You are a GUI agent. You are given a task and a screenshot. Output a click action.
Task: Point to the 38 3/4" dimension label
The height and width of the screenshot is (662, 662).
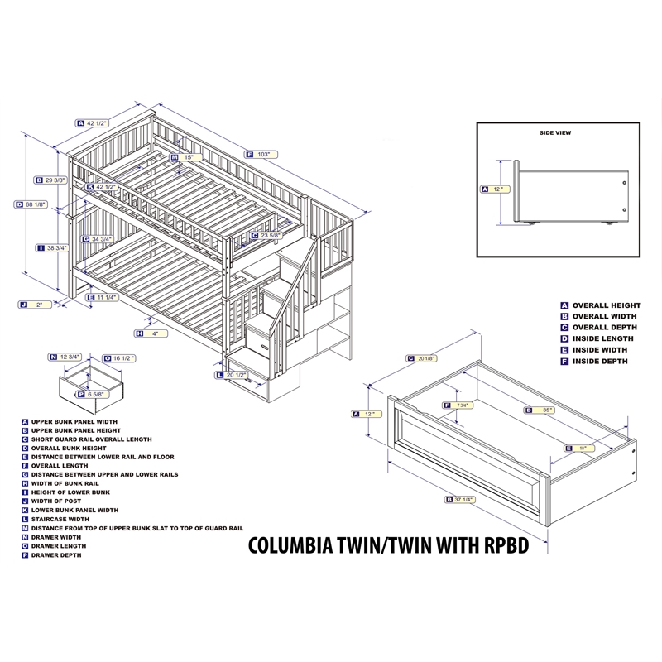(x=56, y=247)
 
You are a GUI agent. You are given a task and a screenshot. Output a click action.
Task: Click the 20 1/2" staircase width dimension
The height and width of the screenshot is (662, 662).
(x=238, y=375)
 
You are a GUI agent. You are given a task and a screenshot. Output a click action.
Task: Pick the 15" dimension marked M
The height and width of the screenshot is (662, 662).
(x=188, y=157)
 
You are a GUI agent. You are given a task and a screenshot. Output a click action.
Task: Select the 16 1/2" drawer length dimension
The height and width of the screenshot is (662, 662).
(x=122, y=357)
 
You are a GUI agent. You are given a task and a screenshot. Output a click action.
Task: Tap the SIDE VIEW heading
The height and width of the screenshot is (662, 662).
(x=555, y=132)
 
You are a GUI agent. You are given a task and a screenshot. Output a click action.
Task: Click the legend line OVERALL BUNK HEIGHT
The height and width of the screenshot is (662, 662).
(x=72, y=448)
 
